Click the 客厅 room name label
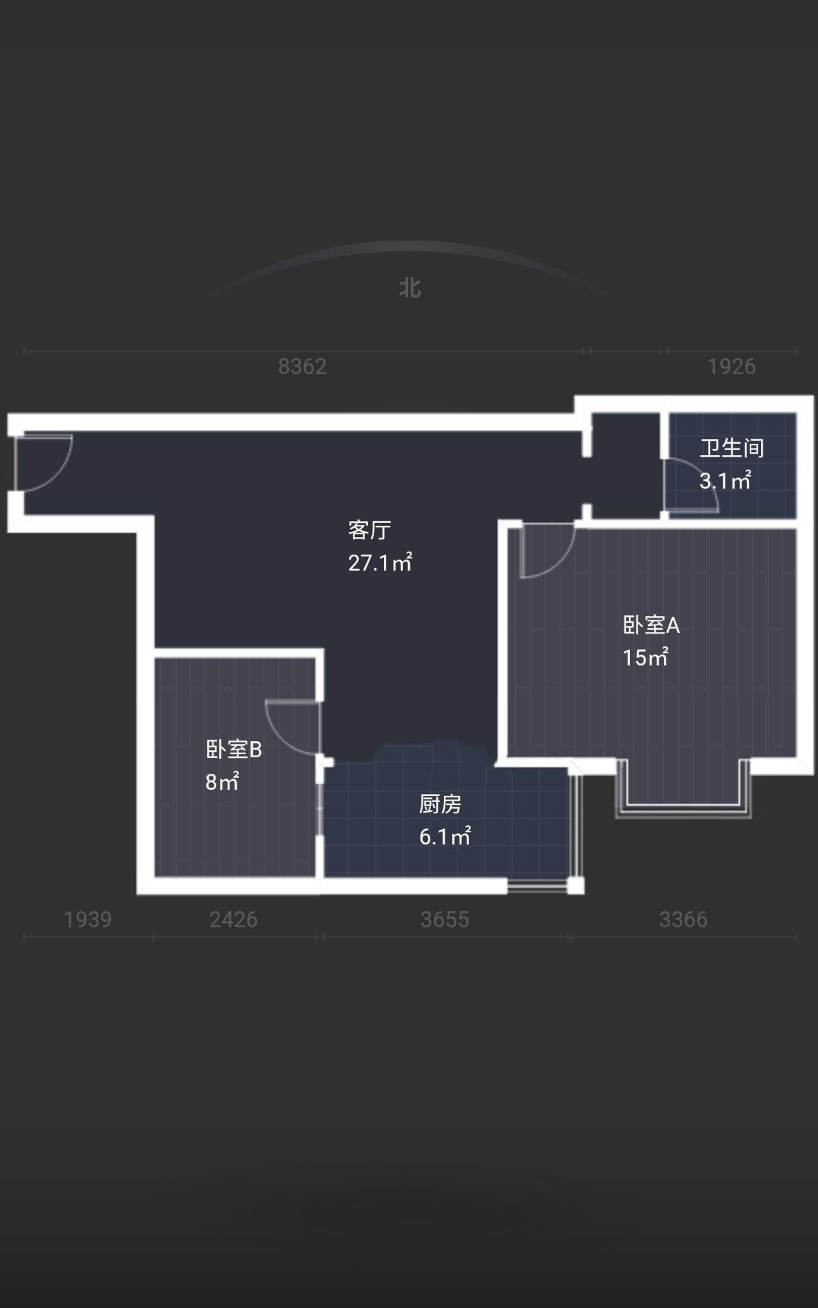[370, 530]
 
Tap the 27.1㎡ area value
[380, 562]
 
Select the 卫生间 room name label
[731, 448]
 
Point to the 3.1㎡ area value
[725, 480]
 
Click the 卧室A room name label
[651, 624]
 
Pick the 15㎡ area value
[645, 657]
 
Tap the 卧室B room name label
[234, 749]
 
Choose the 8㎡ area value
[222, 781]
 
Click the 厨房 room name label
[440, 803]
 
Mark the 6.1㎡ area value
[445, 836]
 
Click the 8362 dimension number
[302, 366]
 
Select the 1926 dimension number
[731, 366]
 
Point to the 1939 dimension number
[88, 920]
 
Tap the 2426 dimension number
[234, 920]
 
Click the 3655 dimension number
[445, 920]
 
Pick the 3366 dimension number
[684, 920]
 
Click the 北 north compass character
[410, 288]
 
